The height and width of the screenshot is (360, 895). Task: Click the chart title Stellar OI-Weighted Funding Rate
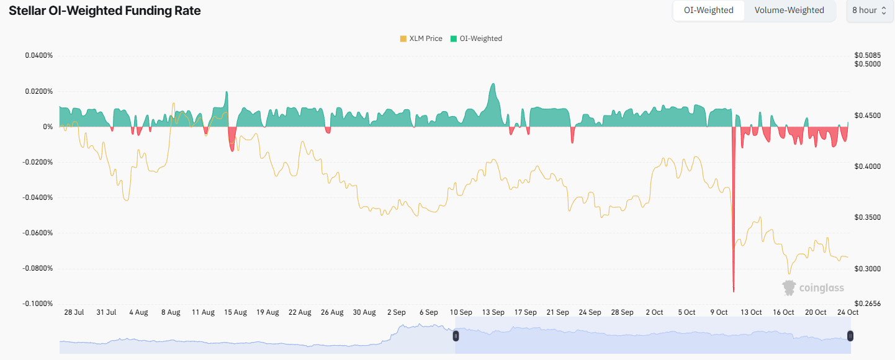(x=104, y=11)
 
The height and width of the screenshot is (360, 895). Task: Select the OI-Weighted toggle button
(x=708, y=11)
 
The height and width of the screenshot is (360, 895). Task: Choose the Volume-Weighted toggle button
(x=789, y=11)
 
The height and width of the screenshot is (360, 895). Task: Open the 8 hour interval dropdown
(x=869, y=11)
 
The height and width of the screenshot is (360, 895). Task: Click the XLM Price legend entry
(x=421, y=38)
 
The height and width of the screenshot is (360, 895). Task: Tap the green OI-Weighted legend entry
(x=476, y=38)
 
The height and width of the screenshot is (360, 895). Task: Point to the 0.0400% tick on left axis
(x=39, y=56)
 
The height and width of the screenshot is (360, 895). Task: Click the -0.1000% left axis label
(x=38, y=304)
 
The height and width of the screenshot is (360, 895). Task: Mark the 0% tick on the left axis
(x=47, y=127)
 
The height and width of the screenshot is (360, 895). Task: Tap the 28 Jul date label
(x=74, y=312)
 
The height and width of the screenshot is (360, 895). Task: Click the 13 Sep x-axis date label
(x=493, y=312)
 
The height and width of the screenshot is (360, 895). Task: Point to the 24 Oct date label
(x=848, y=312)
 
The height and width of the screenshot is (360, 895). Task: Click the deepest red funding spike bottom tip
(x=734, y=291)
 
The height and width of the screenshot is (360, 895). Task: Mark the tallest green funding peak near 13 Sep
(x=493, y=84)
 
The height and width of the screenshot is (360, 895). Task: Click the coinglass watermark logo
(x=813, y=287)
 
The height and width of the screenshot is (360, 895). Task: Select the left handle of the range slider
(x=456, y=336)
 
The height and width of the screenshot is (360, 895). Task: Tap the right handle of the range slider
(x=850, y=336)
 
